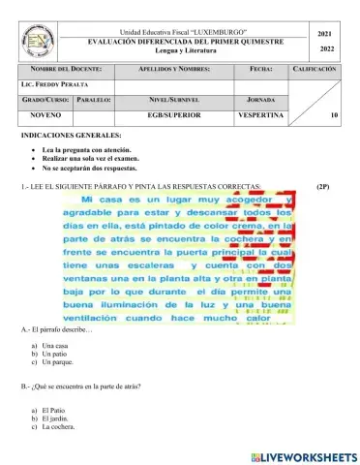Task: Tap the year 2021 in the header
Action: click(x=325, y=33)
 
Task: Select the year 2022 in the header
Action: click(x=325, y=48)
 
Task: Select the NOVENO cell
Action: click(x=45, y=114)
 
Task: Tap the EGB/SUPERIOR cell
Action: click(x=173, y=114)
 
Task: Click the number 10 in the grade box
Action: click(x=333, y=115)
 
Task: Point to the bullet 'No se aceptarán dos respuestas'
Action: click(x=84, y=170)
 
